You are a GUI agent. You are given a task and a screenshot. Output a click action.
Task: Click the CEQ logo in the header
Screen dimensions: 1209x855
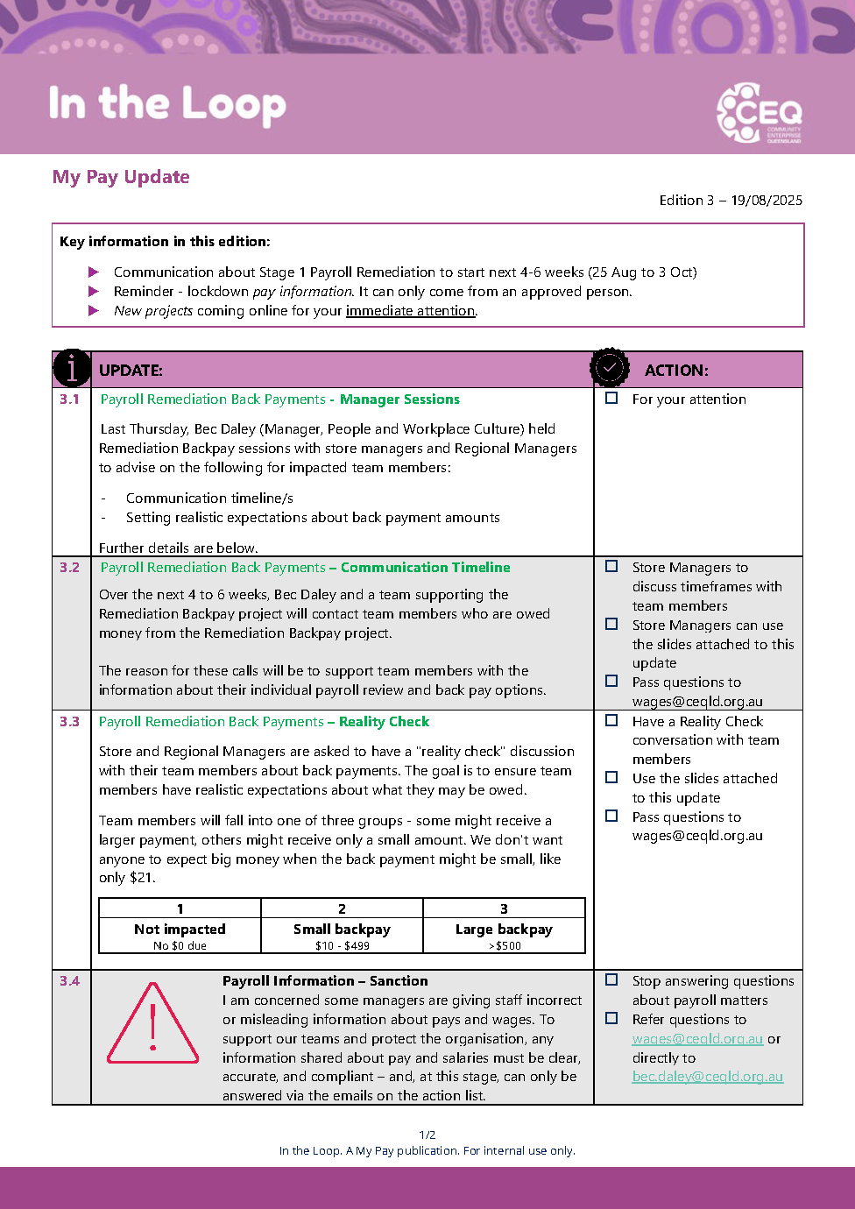[758, 113]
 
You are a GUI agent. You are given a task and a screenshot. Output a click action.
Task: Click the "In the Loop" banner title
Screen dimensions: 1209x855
[167, 104]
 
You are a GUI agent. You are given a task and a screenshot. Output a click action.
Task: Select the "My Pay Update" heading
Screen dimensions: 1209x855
[121, 177]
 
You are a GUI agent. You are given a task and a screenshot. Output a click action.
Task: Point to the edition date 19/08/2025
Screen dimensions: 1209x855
[767, 201]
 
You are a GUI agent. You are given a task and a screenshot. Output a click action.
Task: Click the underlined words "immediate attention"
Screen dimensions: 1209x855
[410, 311]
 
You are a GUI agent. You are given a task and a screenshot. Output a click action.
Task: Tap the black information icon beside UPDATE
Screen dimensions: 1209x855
[72, 369]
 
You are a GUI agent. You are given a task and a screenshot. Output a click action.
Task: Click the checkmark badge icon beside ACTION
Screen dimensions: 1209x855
[610, 368]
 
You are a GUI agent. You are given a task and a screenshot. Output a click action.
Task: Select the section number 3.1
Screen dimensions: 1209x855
[70, 399]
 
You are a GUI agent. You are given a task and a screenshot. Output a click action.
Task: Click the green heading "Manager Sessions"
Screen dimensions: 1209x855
[399, 399]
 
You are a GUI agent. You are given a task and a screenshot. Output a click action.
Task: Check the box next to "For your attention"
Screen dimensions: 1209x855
[611, 399]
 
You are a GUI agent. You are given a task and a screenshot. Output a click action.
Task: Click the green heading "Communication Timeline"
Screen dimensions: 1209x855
[425, 568]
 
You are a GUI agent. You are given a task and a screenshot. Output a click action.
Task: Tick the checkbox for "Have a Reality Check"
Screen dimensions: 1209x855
[611, 721]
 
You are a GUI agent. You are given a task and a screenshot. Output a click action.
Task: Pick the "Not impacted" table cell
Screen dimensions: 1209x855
[180, 930]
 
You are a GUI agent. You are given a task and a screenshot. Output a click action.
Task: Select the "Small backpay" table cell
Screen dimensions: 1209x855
[342, 930]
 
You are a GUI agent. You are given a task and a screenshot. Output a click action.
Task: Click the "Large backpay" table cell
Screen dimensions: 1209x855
[504, 930]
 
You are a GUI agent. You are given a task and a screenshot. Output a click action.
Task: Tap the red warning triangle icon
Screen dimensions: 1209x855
[153, 1023]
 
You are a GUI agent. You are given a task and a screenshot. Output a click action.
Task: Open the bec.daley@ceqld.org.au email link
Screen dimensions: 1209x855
[707, 1077]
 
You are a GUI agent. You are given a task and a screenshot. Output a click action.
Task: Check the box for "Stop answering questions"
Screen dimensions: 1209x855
[611, 980]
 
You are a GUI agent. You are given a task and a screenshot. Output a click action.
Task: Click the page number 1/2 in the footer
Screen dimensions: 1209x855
[427, 1135]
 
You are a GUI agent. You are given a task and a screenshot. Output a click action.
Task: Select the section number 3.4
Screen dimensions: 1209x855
[70, 981]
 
